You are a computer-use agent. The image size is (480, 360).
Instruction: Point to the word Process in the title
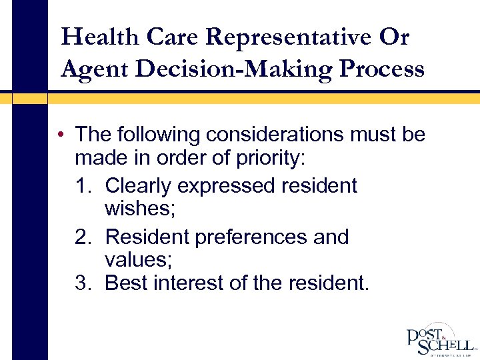tap(383, 68)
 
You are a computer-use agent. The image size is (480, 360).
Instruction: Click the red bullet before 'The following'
tap(61, 135)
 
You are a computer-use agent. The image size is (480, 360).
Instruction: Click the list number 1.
tap(84, 185)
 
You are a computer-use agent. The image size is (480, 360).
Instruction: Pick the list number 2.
tap(84, 237)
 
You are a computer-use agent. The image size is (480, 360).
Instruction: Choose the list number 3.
tap(84, 283)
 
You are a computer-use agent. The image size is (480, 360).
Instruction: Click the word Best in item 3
tap(127, 283)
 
